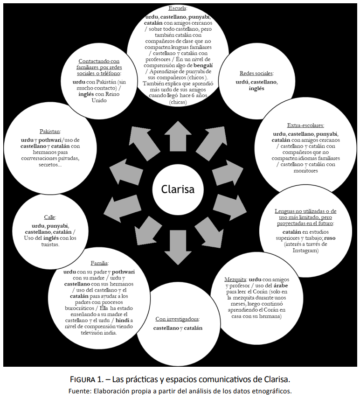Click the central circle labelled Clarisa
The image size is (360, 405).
178,189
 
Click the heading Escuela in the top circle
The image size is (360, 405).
178,8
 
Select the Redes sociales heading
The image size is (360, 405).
256,73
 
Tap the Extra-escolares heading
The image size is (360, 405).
305,126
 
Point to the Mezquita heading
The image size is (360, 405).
235,279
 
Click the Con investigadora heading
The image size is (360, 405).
178,319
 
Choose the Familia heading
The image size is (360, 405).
99,263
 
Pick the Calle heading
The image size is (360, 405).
50,217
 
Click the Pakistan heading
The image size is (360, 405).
50,132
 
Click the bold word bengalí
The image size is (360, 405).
203,65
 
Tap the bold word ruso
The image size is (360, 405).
330,238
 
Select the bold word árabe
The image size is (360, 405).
281,286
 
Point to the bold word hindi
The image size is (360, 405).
122,320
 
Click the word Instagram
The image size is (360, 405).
305,251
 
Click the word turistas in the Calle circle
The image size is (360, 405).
50,244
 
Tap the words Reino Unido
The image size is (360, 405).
104,97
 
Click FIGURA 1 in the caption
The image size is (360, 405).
86,379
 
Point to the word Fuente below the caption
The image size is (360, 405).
79,391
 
